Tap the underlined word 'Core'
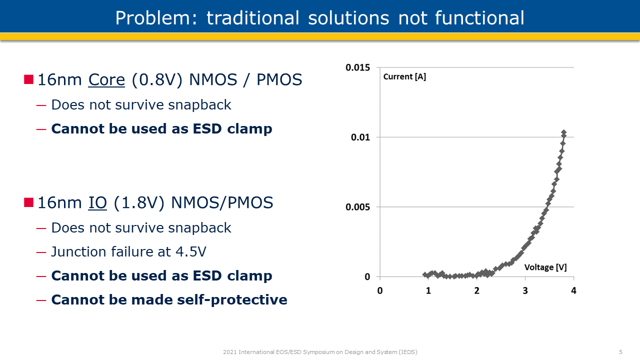point(106,79)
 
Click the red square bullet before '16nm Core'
point(29,79)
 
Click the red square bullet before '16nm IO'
point(29,202)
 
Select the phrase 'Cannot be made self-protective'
point(169,299)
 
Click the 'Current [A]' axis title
point(404,77)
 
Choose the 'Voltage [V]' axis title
point(545,267)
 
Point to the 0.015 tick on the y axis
point(358,67)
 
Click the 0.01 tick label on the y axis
point(360,137)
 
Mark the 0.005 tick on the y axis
point(358,207)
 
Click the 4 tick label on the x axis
point(573,290)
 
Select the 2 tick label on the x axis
point(476,290)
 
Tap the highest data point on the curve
point(563,132)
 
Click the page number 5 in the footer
point(620,352)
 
